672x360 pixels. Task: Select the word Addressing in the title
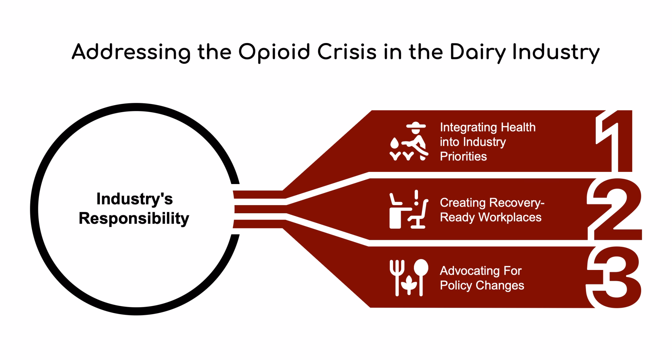(x=131, y=53)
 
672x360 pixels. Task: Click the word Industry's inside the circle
(x=134, y=199)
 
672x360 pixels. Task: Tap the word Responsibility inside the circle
(x=134, y=218)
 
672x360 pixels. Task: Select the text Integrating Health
(x=488, y=127)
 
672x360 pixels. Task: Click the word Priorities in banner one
(x=463, y=156)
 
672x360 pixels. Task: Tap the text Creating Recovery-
(x=492, y=203)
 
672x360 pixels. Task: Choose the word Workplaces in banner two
(x=510, y=217)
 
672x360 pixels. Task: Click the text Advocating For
(x=480, y=271)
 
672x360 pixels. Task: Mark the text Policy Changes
(x=482, y=285)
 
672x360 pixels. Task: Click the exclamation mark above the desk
(x=416, y=197)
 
